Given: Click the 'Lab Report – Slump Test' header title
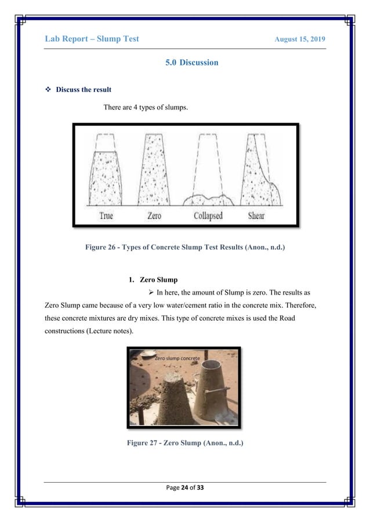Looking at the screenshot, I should [x=92, y=39].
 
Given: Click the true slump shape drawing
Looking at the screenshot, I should [x=104, y=177].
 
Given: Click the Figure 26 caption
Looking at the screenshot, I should [x=185, y=250].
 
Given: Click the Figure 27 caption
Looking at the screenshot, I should [x=185, y=445].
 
